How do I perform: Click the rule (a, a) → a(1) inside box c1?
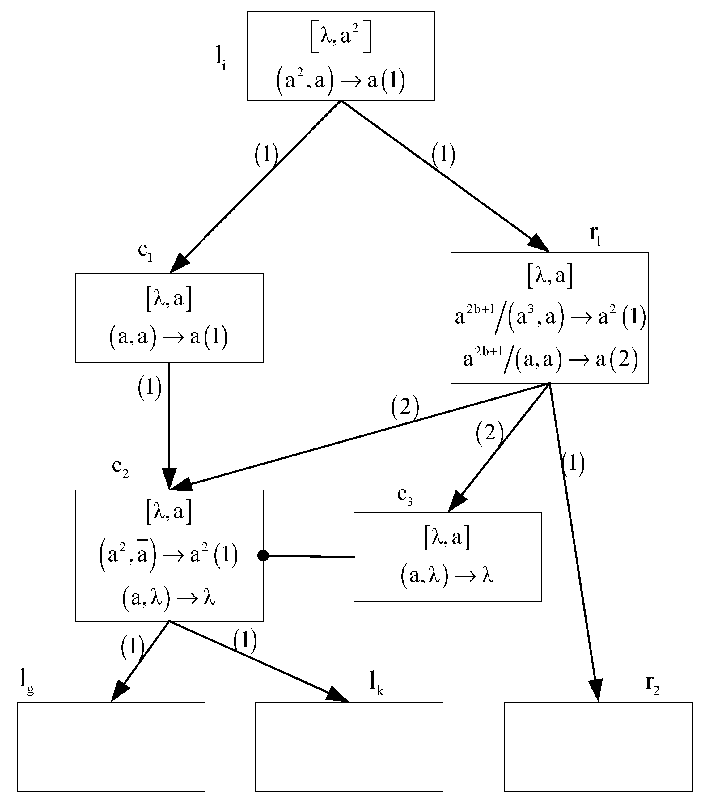(169, 337)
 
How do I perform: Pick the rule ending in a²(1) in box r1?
(550, 317)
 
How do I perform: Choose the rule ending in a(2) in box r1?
(550, 359)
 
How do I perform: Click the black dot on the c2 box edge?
(263, 556)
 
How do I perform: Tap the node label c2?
(120, 467)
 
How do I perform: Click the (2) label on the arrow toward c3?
(489, 433)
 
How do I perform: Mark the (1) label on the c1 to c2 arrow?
(150, 388)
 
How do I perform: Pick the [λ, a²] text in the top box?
(341, 38)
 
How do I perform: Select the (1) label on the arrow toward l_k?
(245, 640)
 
